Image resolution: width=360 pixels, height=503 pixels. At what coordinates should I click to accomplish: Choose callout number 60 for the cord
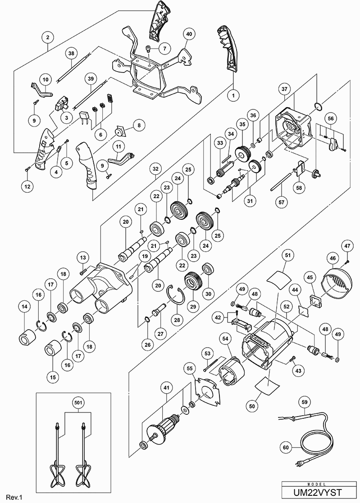click(x=285, y=448)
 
